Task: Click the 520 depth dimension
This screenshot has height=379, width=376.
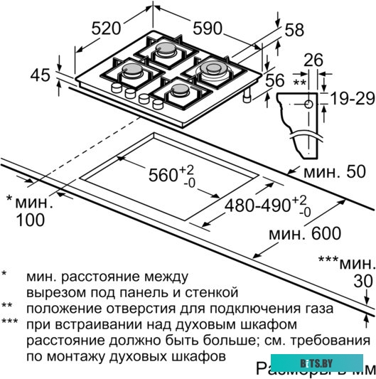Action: [107, 28]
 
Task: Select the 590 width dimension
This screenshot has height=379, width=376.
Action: [210, 28]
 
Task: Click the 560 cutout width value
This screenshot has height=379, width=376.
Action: [168, 174]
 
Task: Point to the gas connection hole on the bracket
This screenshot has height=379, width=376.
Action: [308, 105]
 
